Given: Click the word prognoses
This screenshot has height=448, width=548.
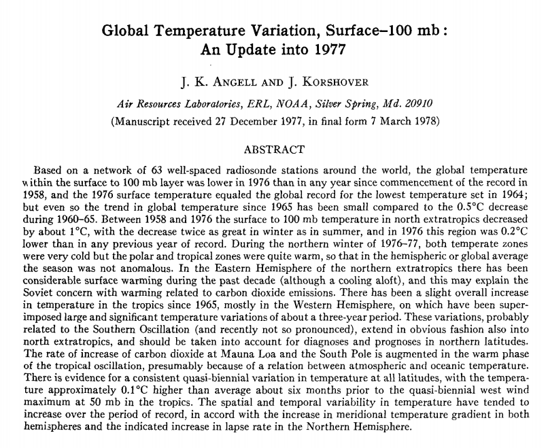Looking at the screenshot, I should click(390, 341).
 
